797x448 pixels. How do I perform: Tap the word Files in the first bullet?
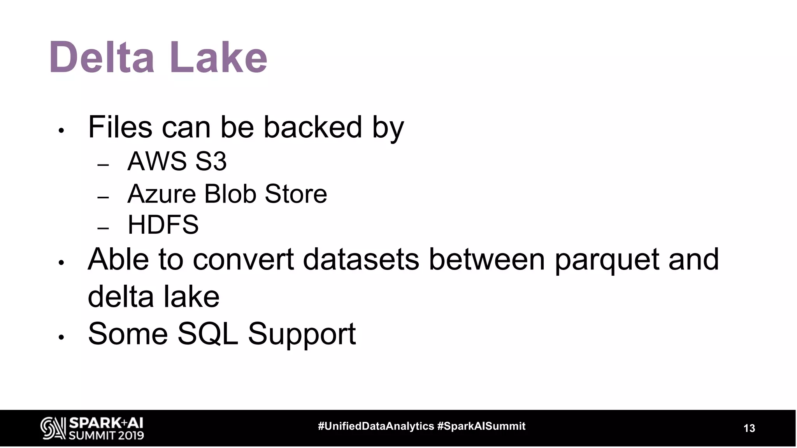click(120, 127)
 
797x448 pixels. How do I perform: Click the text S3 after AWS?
click(211, 161)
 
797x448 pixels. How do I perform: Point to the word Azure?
click(161, 194)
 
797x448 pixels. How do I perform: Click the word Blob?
click(230, 194)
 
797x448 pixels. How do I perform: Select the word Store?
click(296, 194)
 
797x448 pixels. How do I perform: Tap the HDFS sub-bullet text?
click(163, 225)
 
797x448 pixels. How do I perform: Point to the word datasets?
click(361, 259)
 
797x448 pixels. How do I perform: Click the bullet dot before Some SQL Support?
click(61, 338)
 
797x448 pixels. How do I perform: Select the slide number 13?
click(749, 428)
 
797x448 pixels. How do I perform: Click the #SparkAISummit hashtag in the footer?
click(481, 426)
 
